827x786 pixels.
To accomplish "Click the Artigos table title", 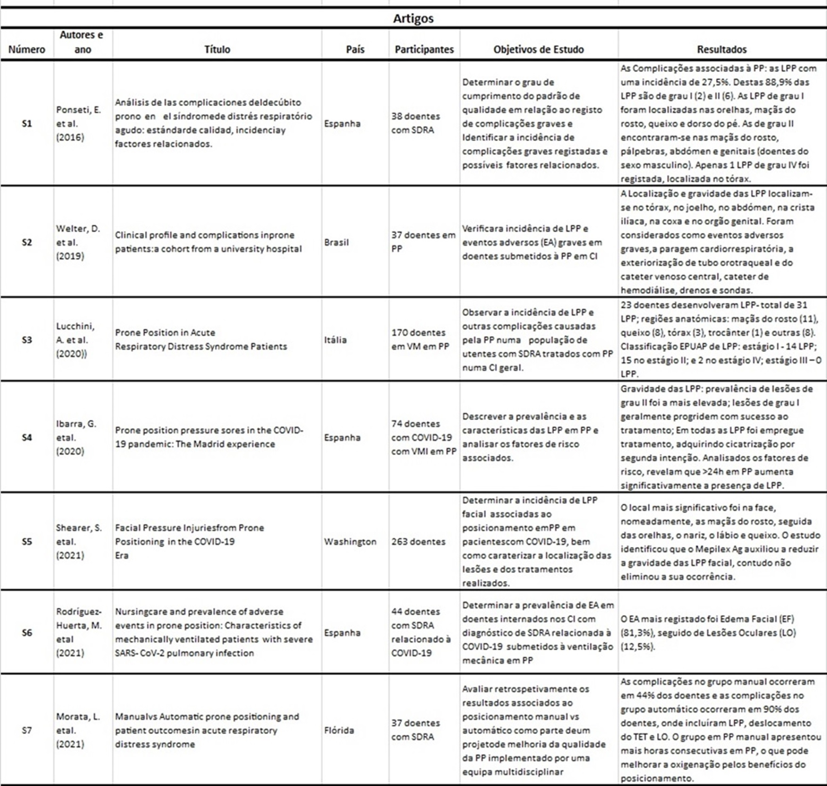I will pyautogui.click(x=413, y=18).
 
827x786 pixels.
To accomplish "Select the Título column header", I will pyautogui.click(x=217, y=49).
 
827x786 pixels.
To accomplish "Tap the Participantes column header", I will pyautogui.click(x=424, y=49).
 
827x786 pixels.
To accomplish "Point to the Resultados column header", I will pyautogui.click(x=722, y=49).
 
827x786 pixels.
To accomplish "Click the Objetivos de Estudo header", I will pyautogui.click(x=538, y=49).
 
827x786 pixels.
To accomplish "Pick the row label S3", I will pyautogui.click(x=27, y=340).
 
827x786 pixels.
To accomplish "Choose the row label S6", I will pyautogui.click(x=27, y=633).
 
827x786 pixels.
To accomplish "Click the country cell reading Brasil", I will pyautogui.click(x=336, y=242).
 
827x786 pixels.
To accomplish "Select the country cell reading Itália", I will pyautogui.click(x=335, y=340).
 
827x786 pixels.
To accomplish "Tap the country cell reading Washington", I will pyautogui.click(x=350, y=542).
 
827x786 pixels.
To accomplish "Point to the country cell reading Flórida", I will pyautogui.click(x=339, y=730).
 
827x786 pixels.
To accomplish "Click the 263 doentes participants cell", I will pyautogui.click(x=418, y=542).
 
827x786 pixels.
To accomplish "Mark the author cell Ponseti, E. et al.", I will pyautogui.click(x=78, y=124).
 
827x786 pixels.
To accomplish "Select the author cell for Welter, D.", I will pyautogui.click(x=78, y=242).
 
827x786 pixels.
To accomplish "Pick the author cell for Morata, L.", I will pyautogui.click(x=78, y=730).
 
